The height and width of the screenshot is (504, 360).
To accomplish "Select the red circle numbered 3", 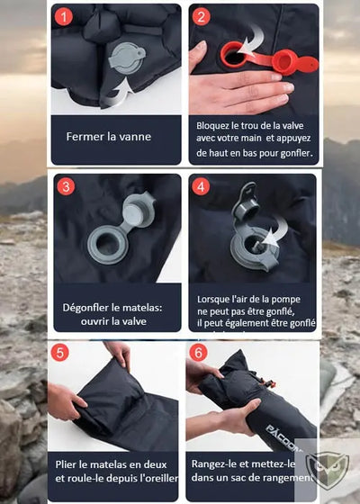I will pyautogui.click(x=65, y=187).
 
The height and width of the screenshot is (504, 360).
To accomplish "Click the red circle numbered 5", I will pyautogui.click(x=59, y=353).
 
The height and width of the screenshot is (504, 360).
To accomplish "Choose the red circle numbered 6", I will pyautogui.click(x=198, y=353).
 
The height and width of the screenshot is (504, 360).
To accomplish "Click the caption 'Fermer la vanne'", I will pyautogui.click(x=108, y=137).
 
